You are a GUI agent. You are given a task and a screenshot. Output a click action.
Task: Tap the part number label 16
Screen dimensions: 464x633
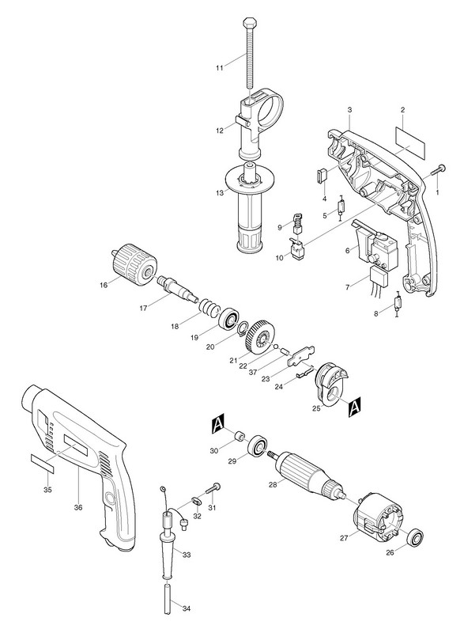coord(104,285)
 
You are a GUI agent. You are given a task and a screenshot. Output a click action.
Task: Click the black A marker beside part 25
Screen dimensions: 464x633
coord(354,406)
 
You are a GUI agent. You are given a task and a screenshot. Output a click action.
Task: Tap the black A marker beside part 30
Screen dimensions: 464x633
coord(217,425)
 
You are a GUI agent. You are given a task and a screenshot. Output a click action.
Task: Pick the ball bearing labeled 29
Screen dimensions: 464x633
coord(257,446)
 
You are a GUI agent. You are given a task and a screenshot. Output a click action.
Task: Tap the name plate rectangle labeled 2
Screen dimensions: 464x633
coord(410,142)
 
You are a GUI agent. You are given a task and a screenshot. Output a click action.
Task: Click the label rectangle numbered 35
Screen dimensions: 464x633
coord(43,463)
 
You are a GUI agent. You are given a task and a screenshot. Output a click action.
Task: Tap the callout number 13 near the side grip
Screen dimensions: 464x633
coord(219,193)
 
